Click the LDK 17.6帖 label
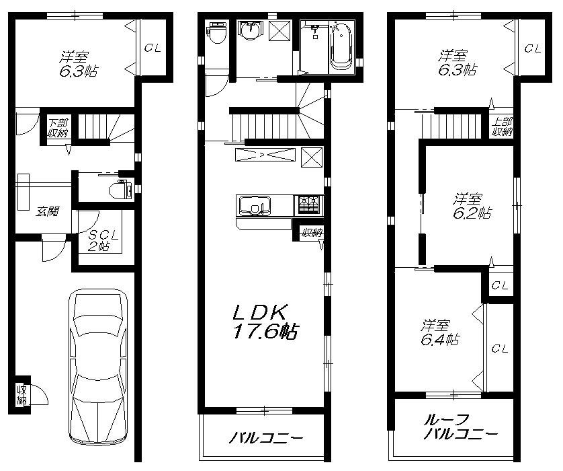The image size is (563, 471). click(x=265, y=322)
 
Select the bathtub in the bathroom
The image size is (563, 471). click(x=341, y=46)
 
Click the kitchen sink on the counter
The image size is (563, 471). click(x=253, y=205)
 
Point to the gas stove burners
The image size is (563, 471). click(x=308, y=202)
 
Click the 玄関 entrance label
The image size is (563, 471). click(x=47, y=211)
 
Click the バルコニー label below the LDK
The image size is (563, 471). click(x=266, y=438)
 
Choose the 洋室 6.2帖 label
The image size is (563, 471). click(x=470, y=206)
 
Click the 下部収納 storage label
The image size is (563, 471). click(x=56, y=128)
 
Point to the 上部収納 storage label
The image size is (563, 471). click(x=501, y=127)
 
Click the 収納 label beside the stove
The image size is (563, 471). click(x=311, y=233)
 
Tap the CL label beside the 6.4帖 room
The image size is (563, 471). click(x=499, y=349)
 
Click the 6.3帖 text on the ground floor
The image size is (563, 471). click(x=76, y=69)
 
